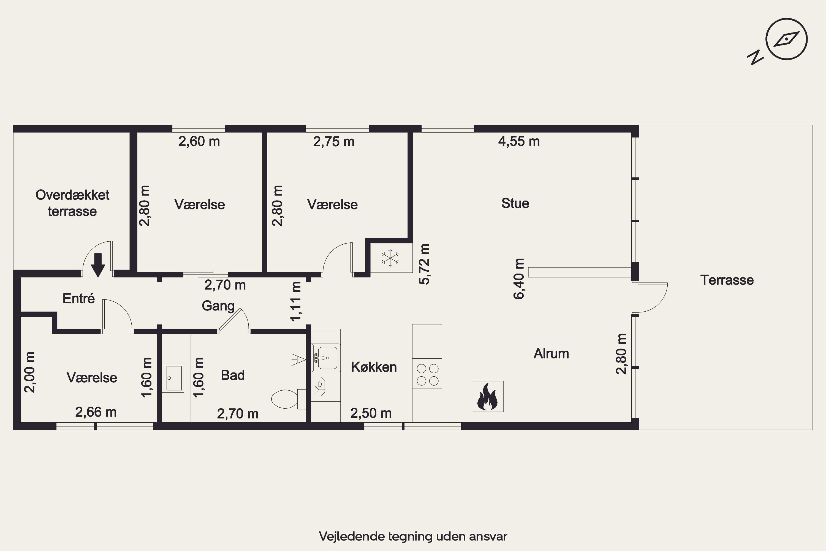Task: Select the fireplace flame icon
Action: [488, 396]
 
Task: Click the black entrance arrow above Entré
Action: [98, 265]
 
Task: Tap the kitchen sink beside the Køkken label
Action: [326, 358]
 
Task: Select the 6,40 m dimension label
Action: [519, 279]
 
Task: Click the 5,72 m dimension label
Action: [425, 264]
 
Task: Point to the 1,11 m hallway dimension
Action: [296, 301]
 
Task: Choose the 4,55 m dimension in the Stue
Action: [519, 141]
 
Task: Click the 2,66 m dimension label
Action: [96, 412]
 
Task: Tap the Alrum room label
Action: [551, 353]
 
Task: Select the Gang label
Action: [218, 306]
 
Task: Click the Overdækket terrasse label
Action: [72, 203]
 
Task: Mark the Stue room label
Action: [515, 203]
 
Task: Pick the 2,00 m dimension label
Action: [30, 372]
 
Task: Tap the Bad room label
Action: [232, 375]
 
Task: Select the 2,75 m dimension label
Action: [334, 142]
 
